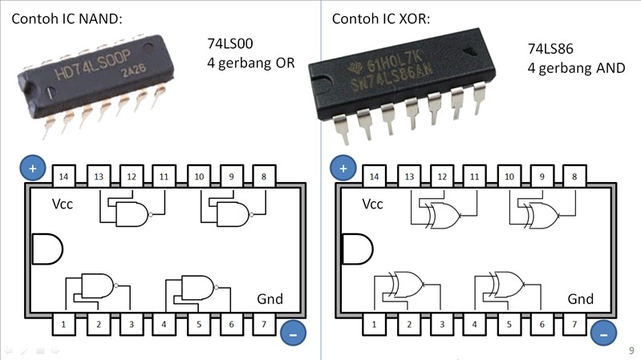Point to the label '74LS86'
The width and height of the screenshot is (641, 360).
(551, 49)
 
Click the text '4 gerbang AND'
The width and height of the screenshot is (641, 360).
(575, 68)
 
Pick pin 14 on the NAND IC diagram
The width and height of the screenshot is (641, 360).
(65, 176)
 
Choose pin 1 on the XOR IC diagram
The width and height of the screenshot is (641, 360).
(375, 325)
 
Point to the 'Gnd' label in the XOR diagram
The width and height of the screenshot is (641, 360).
(580, 299)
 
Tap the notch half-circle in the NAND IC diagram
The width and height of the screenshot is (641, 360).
(47, 249)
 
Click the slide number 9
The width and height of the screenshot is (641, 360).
(631, 350)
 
